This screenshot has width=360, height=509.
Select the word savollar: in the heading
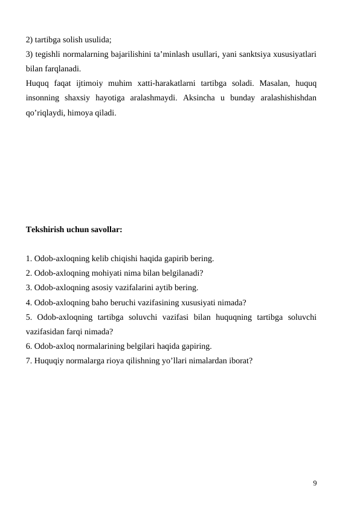(106, 230)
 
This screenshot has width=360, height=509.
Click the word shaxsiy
(79, 97)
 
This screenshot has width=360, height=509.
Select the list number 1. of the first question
(29, 259)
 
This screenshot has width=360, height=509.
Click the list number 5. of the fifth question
(29, 317)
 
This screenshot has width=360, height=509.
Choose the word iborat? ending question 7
(239, 361)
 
